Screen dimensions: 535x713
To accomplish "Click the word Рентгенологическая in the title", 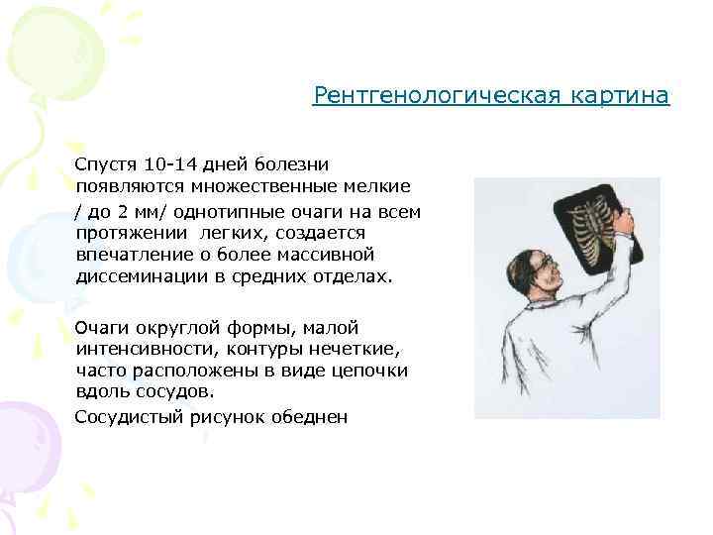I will point(438,96).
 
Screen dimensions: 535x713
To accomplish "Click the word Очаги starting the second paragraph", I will point(101,328).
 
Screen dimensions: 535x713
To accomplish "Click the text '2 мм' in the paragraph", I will point(140,211).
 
